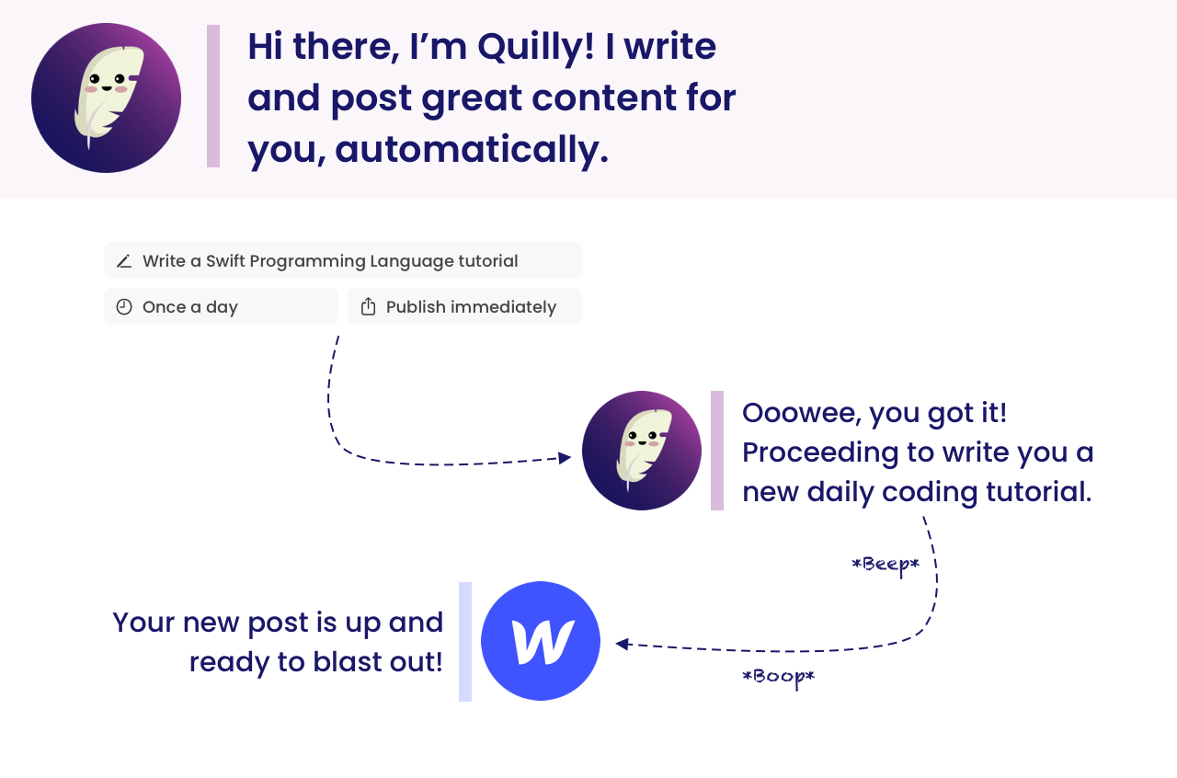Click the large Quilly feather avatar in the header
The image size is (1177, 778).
click(x=106, y=97)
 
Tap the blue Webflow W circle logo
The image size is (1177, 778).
click(x=541, y=641)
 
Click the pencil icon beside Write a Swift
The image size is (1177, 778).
click(x=124, y=261)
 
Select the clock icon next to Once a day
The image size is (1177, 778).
click(x=124, y=307)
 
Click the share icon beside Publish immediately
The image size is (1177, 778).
click(x=369, y=306)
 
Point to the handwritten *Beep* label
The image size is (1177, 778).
click(x=886, y=565)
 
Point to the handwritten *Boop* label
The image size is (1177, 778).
click(x=778, y=677)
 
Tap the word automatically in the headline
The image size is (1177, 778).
click(x=472, y=150)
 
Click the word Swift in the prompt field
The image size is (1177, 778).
click(x=225, y=261)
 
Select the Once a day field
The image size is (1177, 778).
click(x=221, y=306)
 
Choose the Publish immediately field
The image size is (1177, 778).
click(x=464, y=306)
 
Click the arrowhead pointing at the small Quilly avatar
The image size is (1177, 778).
click(x=565, y=458)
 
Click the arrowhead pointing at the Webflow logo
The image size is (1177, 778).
click(x=623, y=644)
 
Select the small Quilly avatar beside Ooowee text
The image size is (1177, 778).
click(x=642, y=451)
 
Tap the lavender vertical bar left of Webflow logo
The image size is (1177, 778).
click(x=465, y=641)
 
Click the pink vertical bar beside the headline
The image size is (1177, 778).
click(x=213, y=96)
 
